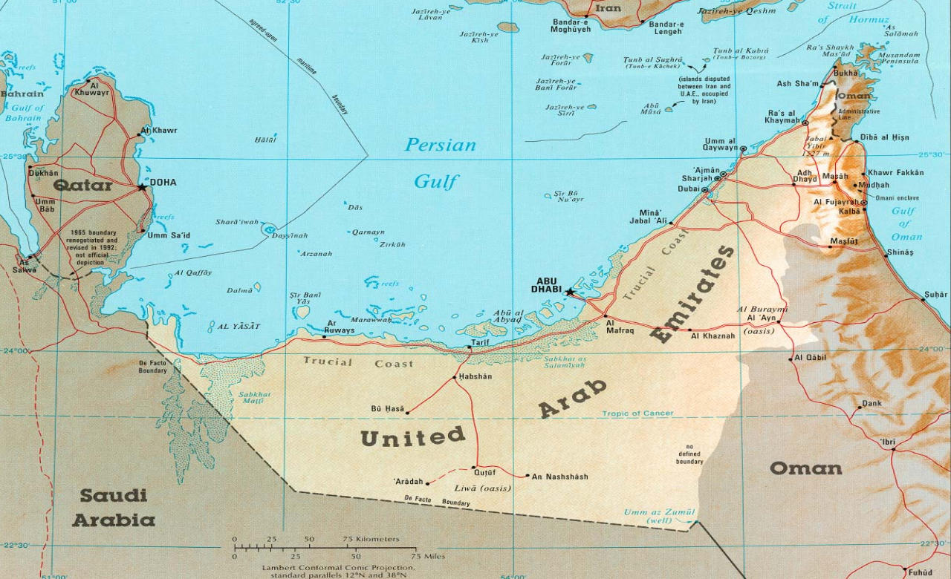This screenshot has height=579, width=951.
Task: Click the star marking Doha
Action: (x=142, y=186)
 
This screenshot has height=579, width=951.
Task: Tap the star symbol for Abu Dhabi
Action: (x=570, y=292)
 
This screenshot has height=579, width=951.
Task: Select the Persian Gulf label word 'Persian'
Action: (x=440, y=145)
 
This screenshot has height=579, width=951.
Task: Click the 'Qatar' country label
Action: (x=82, y=185)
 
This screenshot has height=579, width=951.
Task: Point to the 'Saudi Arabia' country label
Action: (x=114, y=508)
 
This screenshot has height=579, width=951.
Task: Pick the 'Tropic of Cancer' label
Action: (x=637, y=413)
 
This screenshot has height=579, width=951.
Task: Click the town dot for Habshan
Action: (x=455, y=378)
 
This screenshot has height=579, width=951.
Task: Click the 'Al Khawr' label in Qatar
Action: (x=159, y=131)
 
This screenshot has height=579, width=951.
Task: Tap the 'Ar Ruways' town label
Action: (x=340, y=327)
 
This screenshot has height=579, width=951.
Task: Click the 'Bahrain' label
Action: (x=21, y=94)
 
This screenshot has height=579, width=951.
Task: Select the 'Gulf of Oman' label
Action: (x=904, y=224)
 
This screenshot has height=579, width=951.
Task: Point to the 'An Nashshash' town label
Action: (x=559, y=477)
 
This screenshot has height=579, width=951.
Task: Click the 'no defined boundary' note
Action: (x=689, y=454)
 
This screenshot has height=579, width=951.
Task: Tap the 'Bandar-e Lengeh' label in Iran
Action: (x=666, y=28)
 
